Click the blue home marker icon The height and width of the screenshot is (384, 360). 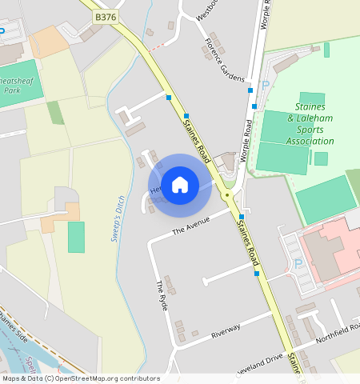coord(180,185)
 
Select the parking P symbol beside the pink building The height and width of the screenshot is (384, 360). coord(298,263)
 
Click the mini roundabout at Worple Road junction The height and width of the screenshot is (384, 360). coord(227,194)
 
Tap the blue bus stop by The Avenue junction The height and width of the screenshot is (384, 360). coord(242,217)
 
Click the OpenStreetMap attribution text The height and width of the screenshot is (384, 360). coord(80,378)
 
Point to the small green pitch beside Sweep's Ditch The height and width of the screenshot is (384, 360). coord(76,237)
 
